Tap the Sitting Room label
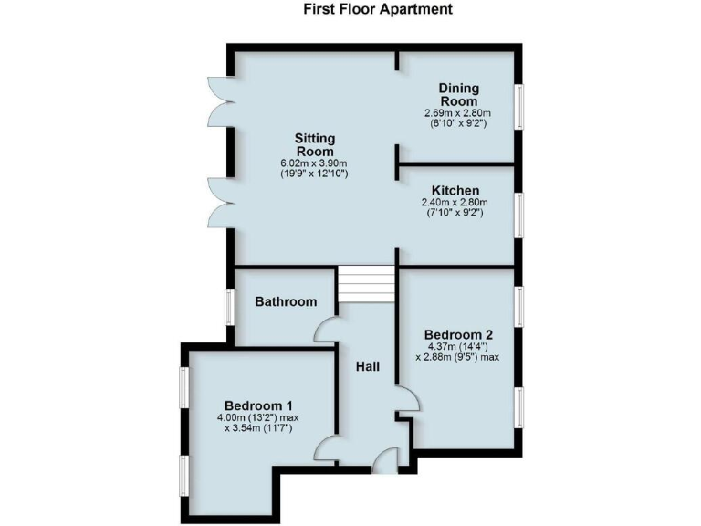314,144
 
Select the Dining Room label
459,94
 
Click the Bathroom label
286,301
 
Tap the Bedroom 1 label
259,405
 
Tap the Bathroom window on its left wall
229,306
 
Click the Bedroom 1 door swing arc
327,447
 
